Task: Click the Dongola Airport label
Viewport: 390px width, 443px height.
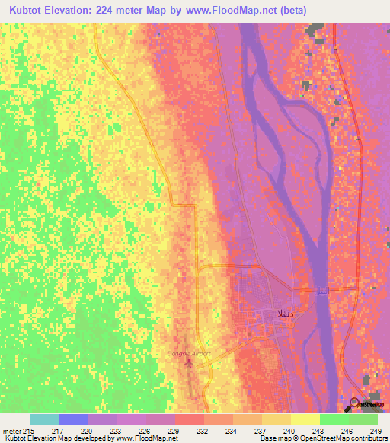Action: [x=188, y=354]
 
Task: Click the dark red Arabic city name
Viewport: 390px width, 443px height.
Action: [x=272, y=313]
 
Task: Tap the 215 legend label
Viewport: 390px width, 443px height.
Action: [x=28, y=432]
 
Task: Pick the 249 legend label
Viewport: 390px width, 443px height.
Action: [x=376, y=432]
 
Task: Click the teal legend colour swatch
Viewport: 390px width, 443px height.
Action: [x=45, y=419]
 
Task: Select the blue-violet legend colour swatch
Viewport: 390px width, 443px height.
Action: [x=74, y=419]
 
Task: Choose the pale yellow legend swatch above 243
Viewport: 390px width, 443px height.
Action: [x=305, y=419]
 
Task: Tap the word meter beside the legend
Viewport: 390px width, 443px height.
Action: [x=11, y=432]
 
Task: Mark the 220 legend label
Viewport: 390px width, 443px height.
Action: [x=86, y=432]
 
